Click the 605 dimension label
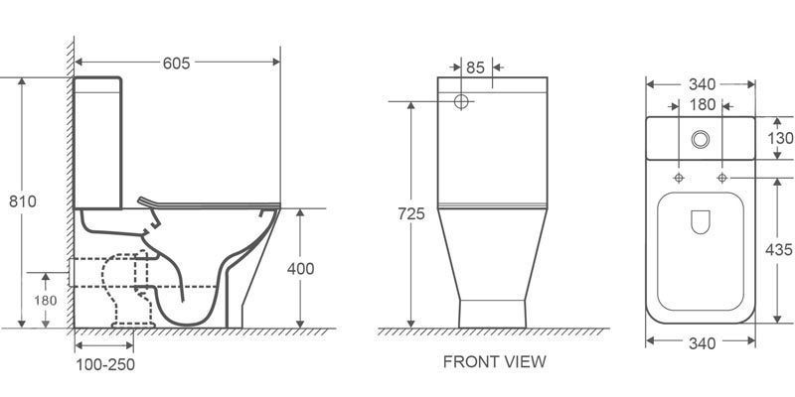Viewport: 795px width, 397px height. (176, 64)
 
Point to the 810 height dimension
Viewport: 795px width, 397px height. (23, 201)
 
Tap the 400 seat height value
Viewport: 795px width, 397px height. (301, 269)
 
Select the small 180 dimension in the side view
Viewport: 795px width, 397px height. (46, 301)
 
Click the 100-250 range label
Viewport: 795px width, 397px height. (105, 364)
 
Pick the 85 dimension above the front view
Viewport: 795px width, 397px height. (476, 67)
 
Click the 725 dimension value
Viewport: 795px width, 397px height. (411, 214)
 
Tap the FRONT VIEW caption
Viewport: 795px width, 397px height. (495, 361)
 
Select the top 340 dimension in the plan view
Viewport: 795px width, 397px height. (702, 84)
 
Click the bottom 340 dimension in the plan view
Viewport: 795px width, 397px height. (702, 343)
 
